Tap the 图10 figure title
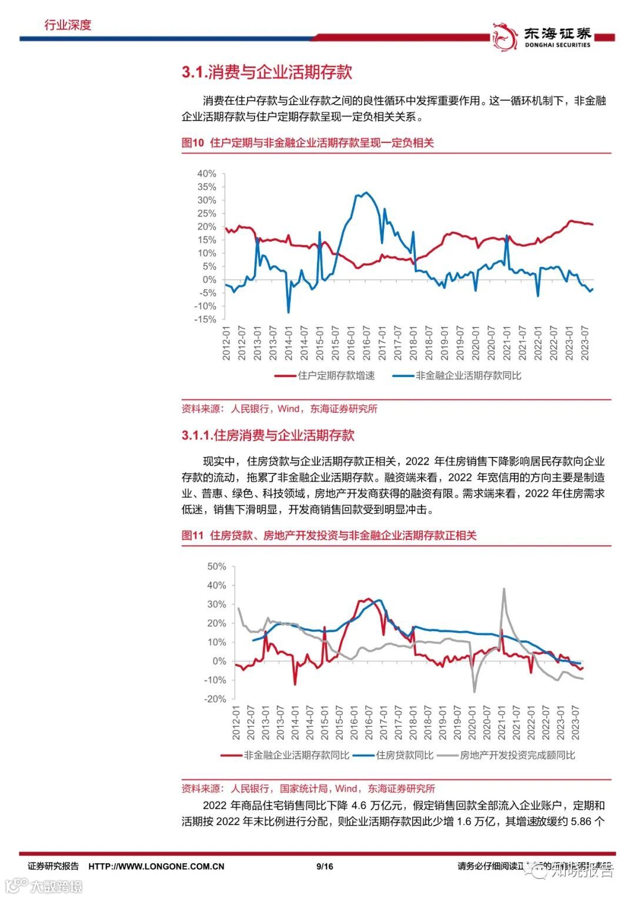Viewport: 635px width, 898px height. click(x=308, y=143)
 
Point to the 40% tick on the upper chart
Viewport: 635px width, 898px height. click(x=206, y=174)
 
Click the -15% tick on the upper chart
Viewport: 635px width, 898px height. click(x=205, y=319)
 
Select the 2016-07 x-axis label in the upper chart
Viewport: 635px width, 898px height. click(x=366, y=343)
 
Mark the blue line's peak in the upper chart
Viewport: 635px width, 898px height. click(x=366, y=192)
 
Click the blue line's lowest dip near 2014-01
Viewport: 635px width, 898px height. click(x=288, y=312)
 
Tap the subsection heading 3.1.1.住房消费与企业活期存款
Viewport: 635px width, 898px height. click(x=268, y=435)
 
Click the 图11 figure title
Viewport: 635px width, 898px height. click(x=329, y=536)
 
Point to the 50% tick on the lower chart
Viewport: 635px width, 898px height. click(x=216, y=566)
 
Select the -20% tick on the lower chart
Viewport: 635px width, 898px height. click(x=215, y=699)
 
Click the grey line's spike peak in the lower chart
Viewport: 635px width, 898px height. click(x=504, y=588)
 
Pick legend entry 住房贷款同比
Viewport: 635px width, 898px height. click(x=405, y=755)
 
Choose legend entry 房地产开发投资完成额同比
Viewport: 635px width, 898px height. click(x=517, y=755)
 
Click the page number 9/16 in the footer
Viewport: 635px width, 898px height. click(x=325, y=866)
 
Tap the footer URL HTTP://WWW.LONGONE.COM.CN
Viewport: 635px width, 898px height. click(x=156, y=866)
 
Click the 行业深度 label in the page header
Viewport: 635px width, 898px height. click(x=68, y=25)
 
